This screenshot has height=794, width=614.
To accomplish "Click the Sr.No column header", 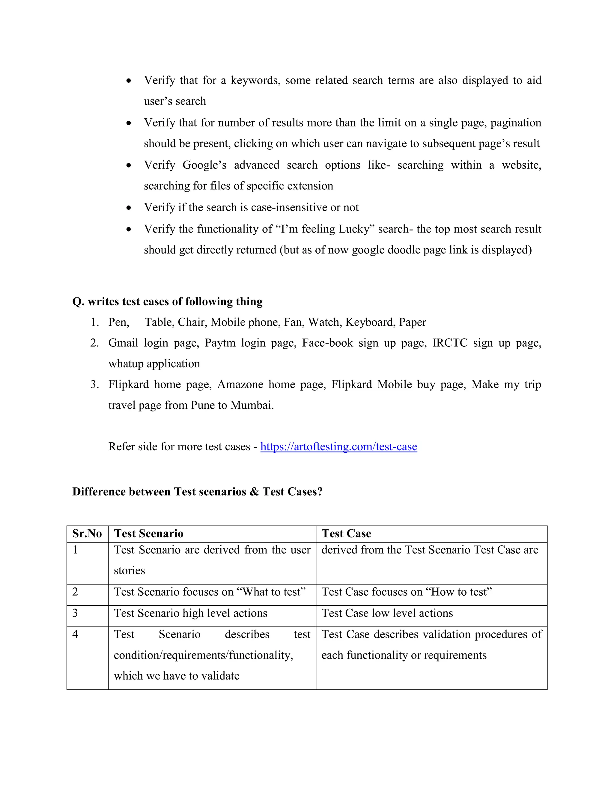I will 87,533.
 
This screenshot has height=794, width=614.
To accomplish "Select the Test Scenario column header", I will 148,533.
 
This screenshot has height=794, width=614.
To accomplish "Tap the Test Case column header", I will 346,533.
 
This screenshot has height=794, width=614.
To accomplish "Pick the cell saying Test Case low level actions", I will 387,613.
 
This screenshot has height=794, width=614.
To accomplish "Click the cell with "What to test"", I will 210,592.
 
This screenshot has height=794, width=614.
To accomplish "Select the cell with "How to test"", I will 406,592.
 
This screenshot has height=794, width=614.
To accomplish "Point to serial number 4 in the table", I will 75,634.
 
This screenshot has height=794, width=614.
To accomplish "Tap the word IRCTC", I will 450,343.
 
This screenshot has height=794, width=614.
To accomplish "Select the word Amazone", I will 240,384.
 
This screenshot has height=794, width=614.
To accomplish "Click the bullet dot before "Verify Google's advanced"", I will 129,165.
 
